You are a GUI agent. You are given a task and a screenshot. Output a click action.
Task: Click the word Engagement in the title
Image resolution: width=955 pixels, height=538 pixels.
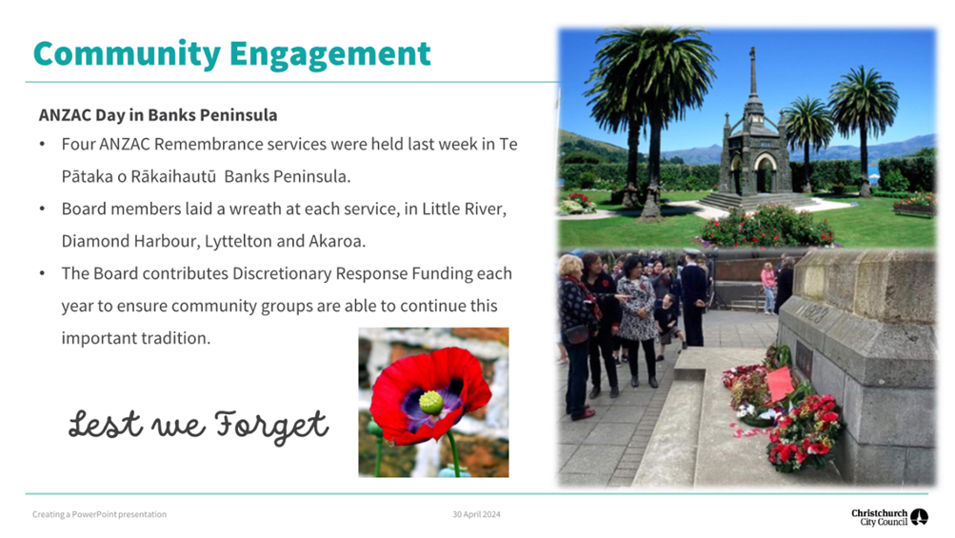click(329, 55)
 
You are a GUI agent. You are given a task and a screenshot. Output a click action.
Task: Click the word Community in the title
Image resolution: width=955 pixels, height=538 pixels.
click(127, 55)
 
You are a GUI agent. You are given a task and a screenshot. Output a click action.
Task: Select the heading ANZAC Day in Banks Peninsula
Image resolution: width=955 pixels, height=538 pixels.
click(158, 115)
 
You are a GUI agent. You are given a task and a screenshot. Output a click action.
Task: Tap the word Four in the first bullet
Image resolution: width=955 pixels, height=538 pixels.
click(78, 145)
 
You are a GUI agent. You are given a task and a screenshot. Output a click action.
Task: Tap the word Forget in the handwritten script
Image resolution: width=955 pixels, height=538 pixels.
click(271, 426)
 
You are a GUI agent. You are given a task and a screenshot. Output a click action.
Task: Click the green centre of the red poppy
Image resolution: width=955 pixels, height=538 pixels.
click(431, 402)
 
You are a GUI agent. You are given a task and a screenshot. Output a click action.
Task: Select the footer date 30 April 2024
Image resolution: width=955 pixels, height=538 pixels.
click(476, 514)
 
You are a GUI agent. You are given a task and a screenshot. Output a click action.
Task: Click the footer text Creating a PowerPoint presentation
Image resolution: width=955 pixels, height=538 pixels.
click(99, 514)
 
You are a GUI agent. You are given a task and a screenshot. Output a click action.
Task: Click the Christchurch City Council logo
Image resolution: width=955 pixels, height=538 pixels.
click(889, 517)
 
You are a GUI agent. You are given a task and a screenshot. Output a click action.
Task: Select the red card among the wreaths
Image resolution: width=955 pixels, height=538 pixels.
click(780, 384)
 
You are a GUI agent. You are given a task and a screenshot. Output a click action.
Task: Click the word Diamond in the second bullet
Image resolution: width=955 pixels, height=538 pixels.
click(95, 241)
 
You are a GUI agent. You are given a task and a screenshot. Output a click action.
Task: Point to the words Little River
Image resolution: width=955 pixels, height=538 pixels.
click(463, 209)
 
